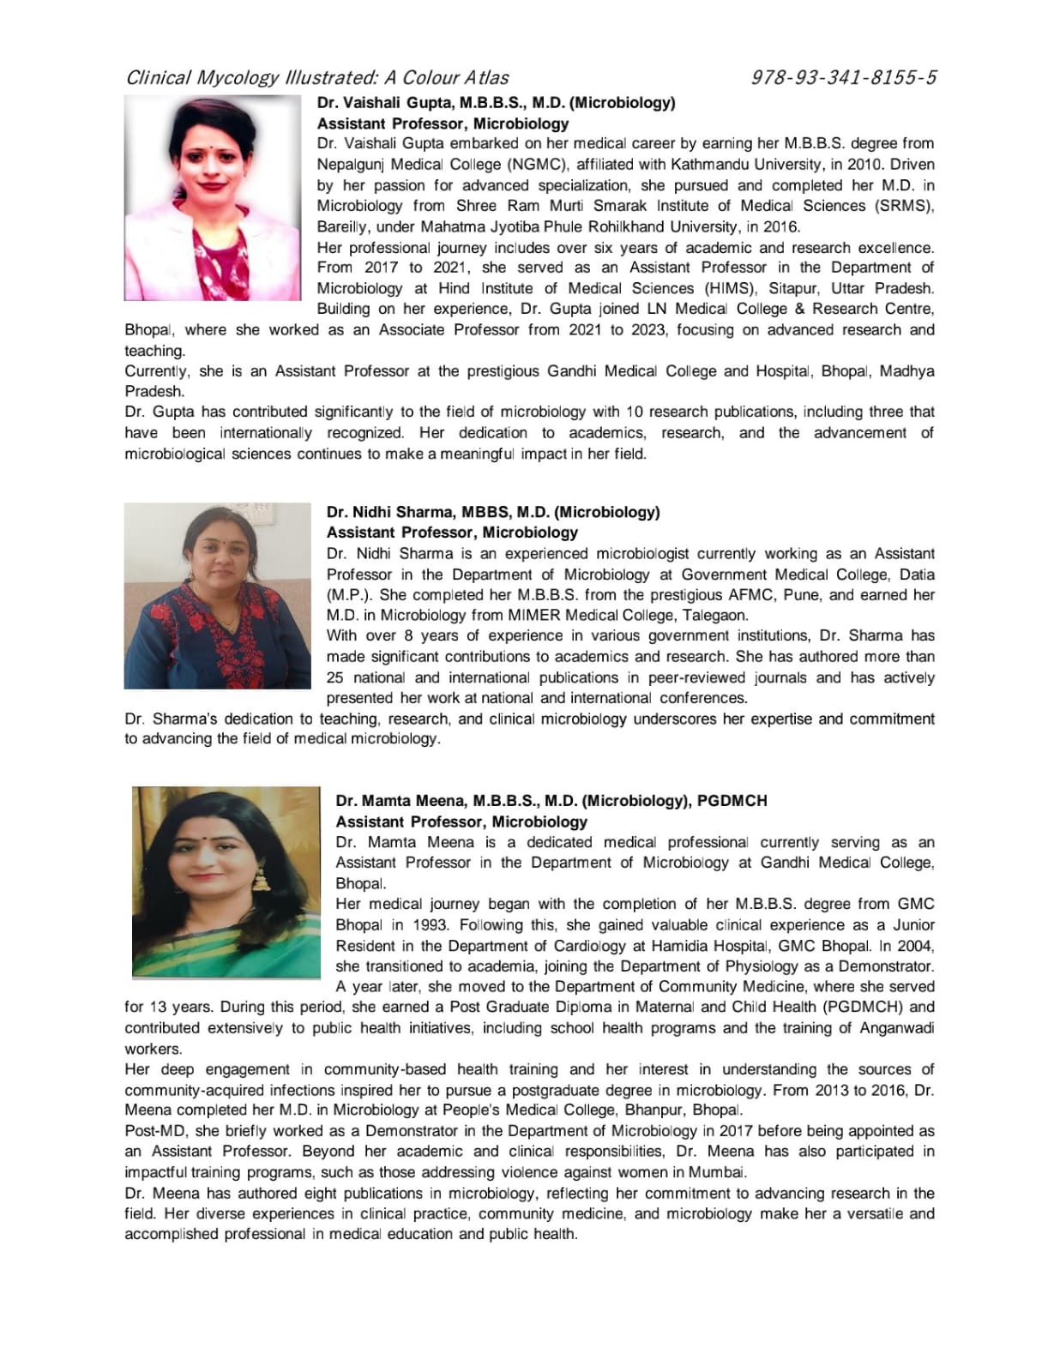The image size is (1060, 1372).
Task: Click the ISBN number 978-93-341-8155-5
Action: [x=843, y=78]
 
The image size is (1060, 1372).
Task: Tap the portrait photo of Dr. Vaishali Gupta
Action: [x=213, y=197]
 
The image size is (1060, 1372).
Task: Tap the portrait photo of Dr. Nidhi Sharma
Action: [x=217, y=596]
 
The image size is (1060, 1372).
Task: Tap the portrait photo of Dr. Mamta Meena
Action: [x=226, y=882]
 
